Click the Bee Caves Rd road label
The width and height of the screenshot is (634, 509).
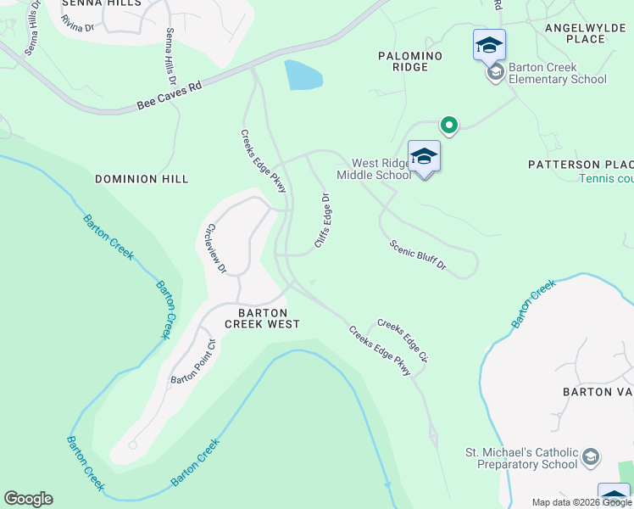170,96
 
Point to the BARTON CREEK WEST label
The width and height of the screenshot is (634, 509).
262,318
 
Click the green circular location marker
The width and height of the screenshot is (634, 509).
448,126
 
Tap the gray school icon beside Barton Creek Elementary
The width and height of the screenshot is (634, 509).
495,73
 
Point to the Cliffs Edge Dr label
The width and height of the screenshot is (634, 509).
322,221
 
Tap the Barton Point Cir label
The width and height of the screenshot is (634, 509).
193,361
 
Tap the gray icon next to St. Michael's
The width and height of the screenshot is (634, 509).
591,458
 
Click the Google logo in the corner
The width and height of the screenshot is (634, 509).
28,499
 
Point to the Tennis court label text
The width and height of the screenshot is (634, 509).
607,178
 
